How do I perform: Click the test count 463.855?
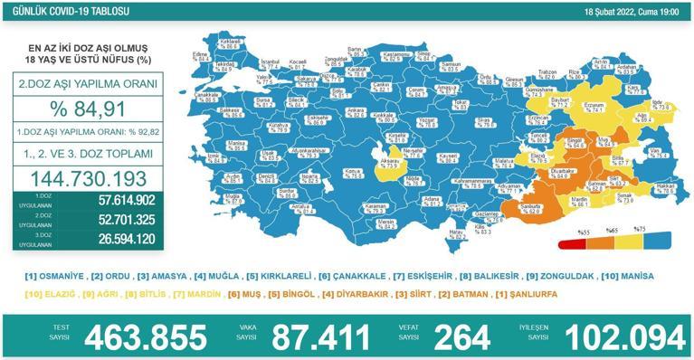(146, 337)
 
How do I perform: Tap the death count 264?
(461, 337)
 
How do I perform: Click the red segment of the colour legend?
(570, 243)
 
